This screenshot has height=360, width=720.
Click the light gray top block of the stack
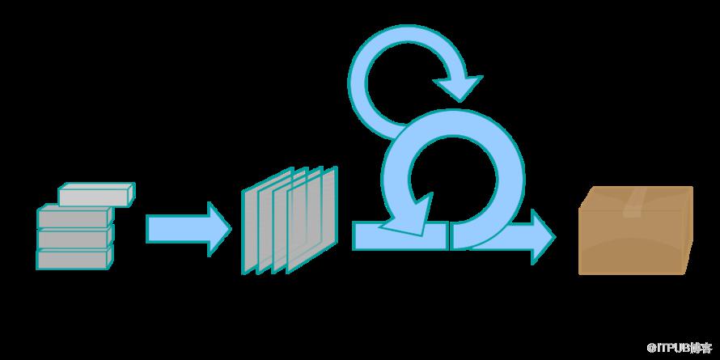97,194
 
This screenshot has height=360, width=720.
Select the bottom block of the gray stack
75,258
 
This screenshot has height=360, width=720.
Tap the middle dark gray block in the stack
75,236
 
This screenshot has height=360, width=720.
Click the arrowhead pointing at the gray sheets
219,229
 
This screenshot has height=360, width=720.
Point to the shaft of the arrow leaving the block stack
177,229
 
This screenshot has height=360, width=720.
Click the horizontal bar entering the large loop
400,236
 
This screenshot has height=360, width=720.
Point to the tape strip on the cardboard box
635,202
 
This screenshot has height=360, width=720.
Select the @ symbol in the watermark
651,349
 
